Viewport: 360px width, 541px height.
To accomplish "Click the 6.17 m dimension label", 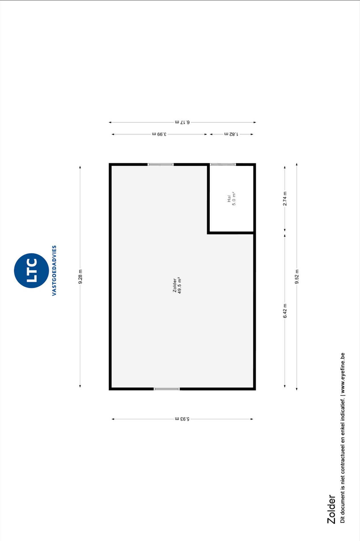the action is pos(182,122).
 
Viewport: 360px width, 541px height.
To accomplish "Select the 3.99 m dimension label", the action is pos(159,134).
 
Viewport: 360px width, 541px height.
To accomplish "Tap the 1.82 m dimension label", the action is pos(231,134).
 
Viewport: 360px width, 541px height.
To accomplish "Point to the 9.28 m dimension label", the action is pos(80,277).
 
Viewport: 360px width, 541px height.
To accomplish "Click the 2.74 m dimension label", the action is pos(285,199).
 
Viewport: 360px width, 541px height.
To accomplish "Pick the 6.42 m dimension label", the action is pos(285,311).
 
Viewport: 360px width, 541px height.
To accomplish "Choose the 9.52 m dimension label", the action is pos(297,277).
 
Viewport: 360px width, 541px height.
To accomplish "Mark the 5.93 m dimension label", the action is pos(182,419).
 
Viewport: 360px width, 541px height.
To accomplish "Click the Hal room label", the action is pos(229,198).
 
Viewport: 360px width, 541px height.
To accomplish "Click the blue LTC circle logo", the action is pos(31,270).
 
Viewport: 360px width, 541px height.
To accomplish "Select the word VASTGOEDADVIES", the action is pos(54,270).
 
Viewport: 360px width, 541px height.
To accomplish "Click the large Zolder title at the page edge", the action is pos(331,509).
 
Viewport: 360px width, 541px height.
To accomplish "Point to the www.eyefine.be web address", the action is pos(343,373).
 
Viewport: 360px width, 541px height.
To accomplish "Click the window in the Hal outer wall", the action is pos(223,164).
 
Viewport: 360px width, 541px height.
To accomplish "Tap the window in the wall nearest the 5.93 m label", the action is pos(167,389).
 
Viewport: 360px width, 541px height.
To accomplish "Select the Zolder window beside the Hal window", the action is pos(161,164).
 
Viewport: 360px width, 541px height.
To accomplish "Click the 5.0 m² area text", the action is pos(234,198).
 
